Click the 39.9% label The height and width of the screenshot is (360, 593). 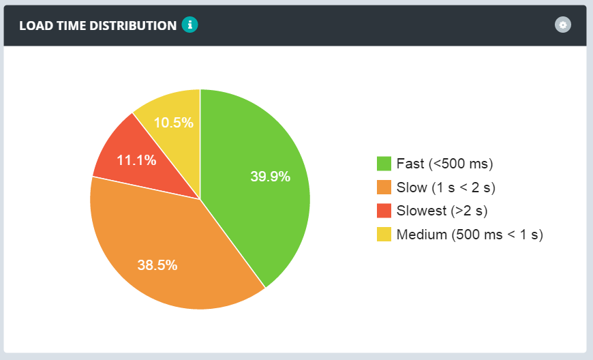tap(270, 177)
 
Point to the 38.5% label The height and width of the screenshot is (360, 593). tap(157, 265)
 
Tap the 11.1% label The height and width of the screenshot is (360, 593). tap(136, 161)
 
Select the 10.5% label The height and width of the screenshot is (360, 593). tap(173, 123)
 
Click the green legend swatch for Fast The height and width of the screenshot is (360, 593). tap(384, 164)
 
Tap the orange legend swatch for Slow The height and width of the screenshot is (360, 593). tap(384, 187)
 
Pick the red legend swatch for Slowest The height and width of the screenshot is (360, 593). tap(384, 211)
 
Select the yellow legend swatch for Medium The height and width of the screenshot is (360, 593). tap(384, 235)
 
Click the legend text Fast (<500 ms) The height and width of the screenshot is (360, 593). tap(444, 164)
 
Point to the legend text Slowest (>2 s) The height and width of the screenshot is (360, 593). tap(442, 211)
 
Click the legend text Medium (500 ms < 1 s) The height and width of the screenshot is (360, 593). tap(470, 235)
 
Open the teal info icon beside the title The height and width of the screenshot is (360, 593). tap(189, 25)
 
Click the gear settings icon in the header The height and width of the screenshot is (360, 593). tap(562, 25)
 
